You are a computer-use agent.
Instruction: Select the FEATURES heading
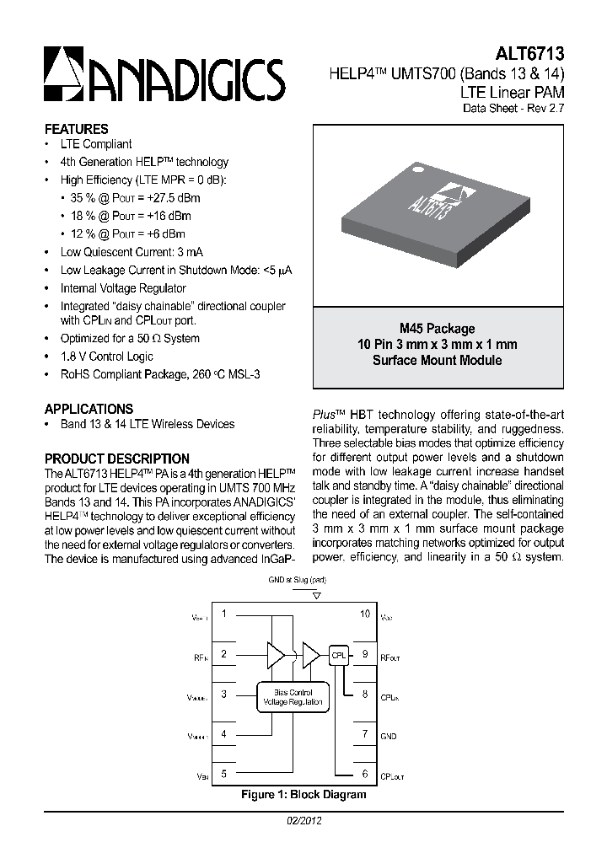tap(76, 129)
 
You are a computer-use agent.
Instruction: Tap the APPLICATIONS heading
tap(89, 408)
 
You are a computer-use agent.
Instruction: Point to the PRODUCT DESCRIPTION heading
tap(116, 459)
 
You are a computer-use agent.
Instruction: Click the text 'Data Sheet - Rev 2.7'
tap(513, 108)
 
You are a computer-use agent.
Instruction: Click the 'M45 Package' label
tap(437, 329)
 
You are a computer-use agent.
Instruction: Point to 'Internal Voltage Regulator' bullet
tap(123, 288)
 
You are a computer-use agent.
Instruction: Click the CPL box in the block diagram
tap(339, 655)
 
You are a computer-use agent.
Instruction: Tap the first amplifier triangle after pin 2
tap(276, 654)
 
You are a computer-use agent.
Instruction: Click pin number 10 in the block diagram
tap(365, 614)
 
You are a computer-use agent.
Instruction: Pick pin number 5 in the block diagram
tap(223, 773)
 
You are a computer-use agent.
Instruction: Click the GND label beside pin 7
tap(389, 736)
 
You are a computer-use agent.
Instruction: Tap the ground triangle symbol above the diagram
tap(316, 594)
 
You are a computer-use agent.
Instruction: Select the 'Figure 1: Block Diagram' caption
tap(303, 795)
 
